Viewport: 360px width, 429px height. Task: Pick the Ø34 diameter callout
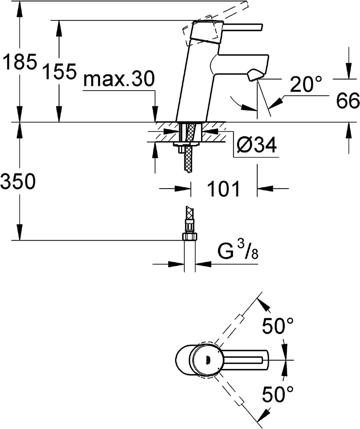click(x=256, y=145)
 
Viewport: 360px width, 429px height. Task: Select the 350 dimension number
click(x=18, y=181)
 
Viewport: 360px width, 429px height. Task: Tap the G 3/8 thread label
click(x=238, y=253)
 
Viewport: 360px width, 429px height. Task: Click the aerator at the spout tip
click(x=255, y=75)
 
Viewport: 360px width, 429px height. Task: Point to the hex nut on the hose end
click(x=190, y=237)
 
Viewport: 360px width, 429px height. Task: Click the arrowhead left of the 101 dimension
click(x=182, y=188)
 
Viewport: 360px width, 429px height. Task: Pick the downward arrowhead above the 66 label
click(x=348, y=71)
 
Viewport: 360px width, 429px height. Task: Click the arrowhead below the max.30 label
click(x=155, y=114)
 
